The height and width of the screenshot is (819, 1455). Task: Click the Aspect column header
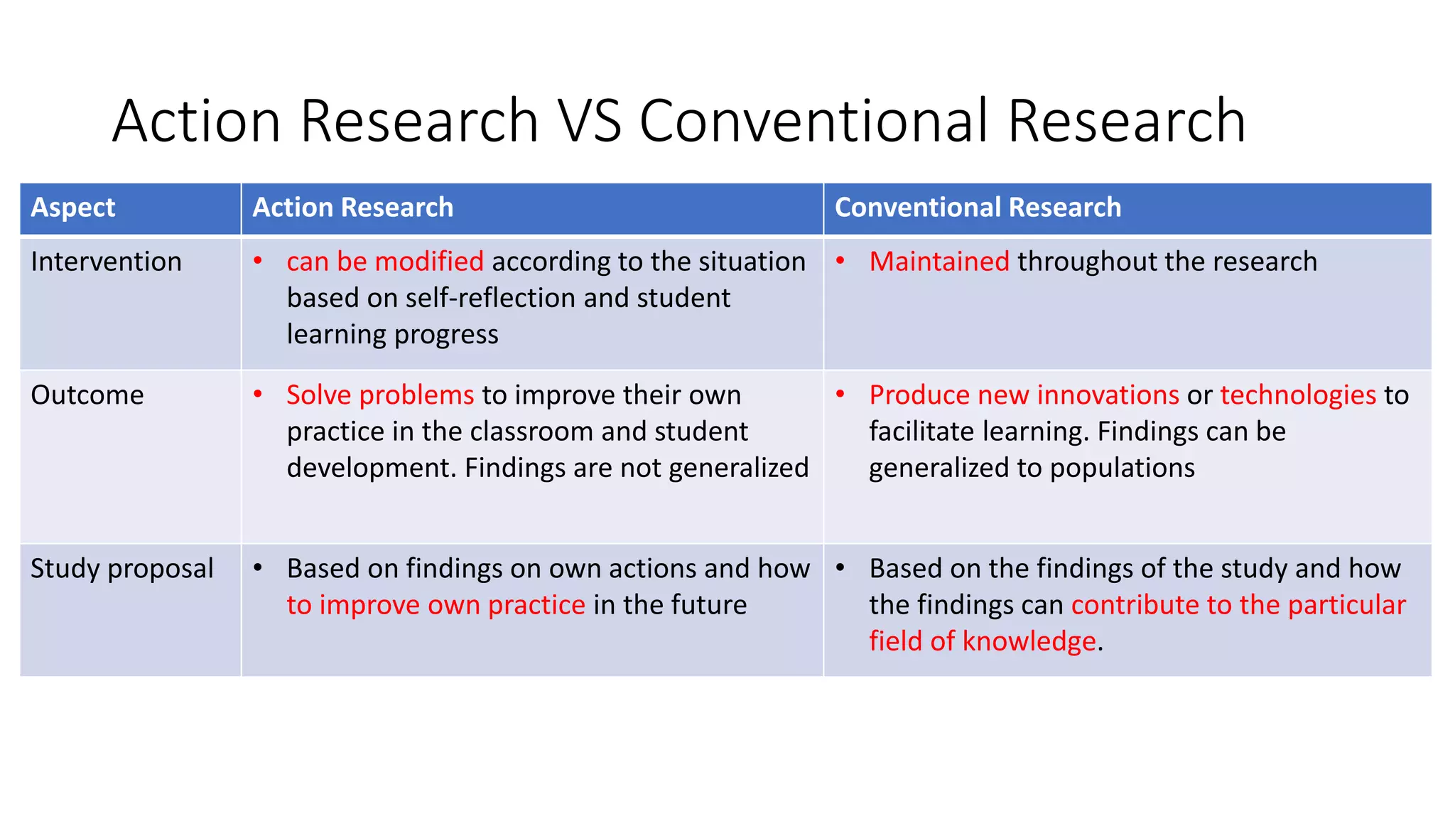pos(72,208)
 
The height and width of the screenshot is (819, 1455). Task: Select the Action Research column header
pos(352,208)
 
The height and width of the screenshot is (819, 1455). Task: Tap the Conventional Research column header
pos(977,208)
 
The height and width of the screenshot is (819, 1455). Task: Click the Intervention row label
pos(106,262)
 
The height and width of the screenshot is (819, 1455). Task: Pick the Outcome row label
pos(87,395)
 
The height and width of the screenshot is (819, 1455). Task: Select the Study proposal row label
pos(121,569)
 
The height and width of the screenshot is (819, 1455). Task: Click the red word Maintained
pos(939,262)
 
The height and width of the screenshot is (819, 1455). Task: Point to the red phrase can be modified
pos(384,262)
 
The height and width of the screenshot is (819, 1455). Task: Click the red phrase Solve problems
pos(379,395)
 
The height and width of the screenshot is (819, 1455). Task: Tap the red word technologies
pos(1298,395)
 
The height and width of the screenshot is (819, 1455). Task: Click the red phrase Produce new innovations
pos(1024,395)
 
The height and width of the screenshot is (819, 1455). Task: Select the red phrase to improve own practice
pos(436,605)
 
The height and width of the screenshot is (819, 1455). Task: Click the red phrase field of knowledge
pos(982,641)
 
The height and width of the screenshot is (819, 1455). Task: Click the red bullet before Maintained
pos(840,261)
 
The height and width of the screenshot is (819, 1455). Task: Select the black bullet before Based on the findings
pos(840,568)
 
